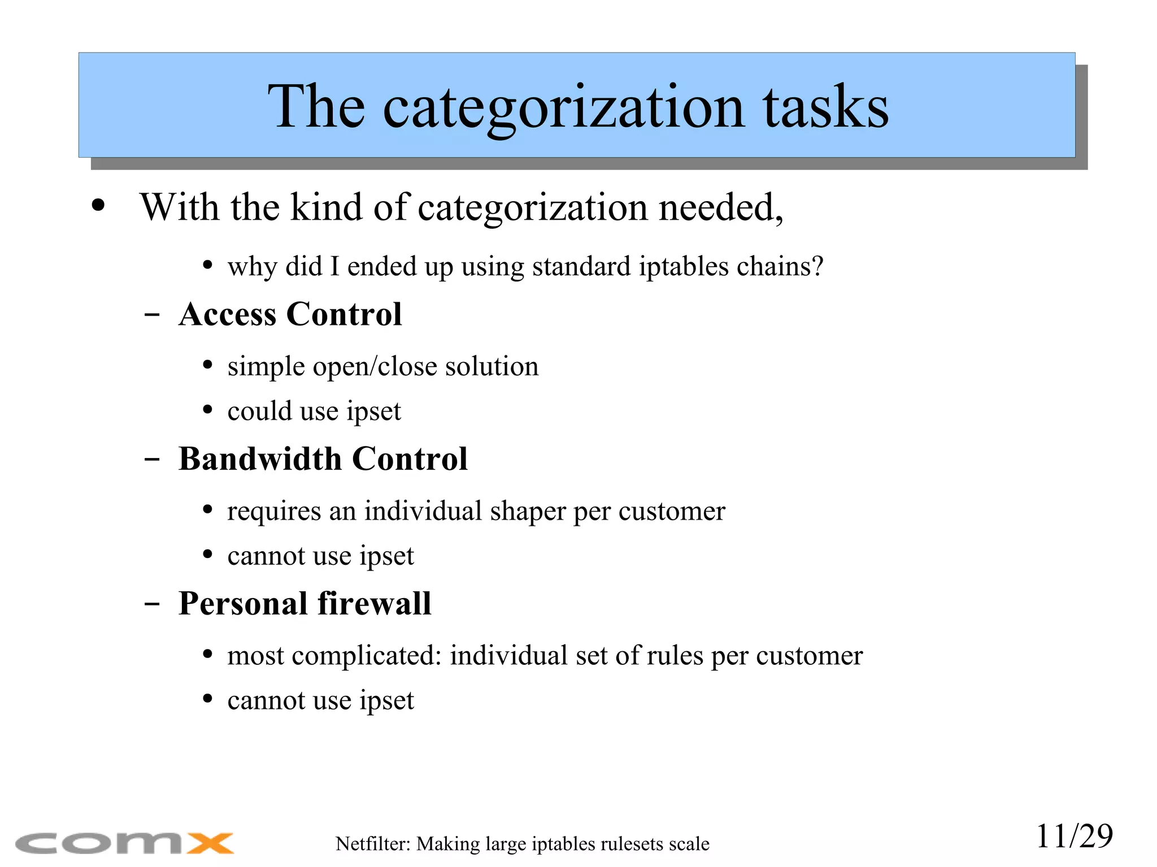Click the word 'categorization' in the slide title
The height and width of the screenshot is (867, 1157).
pyautogui.click(x=563, y=107)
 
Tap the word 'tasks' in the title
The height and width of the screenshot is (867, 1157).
pyautogui.click(x=825, y=107)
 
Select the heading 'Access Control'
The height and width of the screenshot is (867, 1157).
pyautogui.click(x=290, y=314)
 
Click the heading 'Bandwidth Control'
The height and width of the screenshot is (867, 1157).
pyautogui.click(x=323, y=459)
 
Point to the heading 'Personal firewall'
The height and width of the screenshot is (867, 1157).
pyautogui.click(x=305, y=603)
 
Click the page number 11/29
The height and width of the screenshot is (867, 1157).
pyautogui.click(x=1074, y=836)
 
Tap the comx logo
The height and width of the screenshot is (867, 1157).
pyautogui.click(x=124, y=843)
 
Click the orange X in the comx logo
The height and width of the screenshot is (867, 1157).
pyautogui.click(x=210, y=843)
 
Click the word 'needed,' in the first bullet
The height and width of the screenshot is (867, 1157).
pyautogui.click(x=721, y=207)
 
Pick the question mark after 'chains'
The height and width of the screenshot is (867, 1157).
pyautogui.click(x=817, y=266)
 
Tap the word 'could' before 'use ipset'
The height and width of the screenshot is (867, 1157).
pyautogui.click(x=259, y=411)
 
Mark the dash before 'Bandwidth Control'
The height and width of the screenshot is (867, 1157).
pyautogui.click(x=151, y=459)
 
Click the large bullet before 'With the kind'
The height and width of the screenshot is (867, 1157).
pyautogui.click(x=98, y=206)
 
